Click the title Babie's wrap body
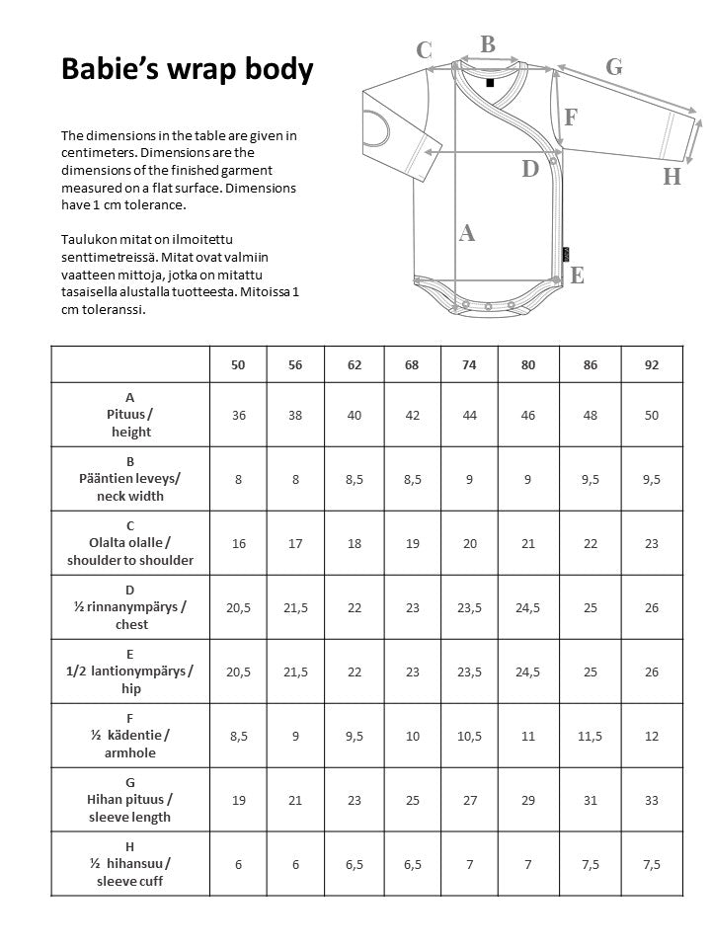tap(187, 69)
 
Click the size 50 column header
tap(238, 364)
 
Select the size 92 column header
tap(651, 364)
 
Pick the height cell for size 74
tap(469, 415)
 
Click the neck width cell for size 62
tap(354, 479)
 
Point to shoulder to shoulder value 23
tap(651, 543)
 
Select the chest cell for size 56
tap(295, 607)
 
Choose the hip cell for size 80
tap(528, 671)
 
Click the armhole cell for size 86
tap(591, 736)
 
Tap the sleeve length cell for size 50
tap(238, 800)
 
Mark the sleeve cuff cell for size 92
tap(651, 864)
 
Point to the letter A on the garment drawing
tap(467, 233)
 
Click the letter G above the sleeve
tap(613, 66)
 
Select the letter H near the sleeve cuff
tap(672, 177)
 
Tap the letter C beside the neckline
tap(424, 50)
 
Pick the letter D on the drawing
tap(530, 169)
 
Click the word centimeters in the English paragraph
tap(96, 153)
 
